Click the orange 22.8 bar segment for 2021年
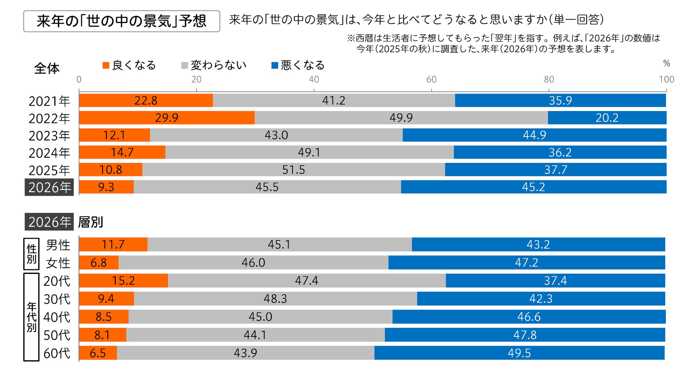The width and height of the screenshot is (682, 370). [146, 101]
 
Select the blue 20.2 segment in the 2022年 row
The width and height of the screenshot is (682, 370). [607, 118]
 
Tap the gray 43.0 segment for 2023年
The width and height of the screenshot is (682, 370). [276, 135]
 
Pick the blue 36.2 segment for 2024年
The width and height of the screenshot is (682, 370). [560, 152]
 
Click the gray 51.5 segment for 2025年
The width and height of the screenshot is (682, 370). [293, 170]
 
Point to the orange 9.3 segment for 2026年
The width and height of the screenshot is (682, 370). [106, 187]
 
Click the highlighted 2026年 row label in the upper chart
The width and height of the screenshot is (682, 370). [49, 187]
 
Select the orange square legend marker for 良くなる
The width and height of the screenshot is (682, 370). [106, 65]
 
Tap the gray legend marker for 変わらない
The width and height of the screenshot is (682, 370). [185, 65]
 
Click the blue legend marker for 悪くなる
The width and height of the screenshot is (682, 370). [275, 65]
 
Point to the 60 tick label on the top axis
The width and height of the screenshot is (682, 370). [431, 79]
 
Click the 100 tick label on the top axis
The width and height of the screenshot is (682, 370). [666, 79]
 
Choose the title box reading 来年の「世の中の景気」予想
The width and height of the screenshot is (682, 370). [121, 21]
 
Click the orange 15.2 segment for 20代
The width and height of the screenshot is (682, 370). [123, 281]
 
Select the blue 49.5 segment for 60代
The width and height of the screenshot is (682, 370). [519, 353]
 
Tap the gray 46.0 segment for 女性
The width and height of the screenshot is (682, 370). [253, 262]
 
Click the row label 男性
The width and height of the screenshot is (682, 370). [58, 245]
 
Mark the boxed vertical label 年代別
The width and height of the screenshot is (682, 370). [31, 317]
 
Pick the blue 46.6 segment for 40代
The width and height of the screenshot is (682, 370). [528, 317]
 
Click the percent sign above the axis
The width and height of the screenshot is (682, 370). [666, 63]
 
